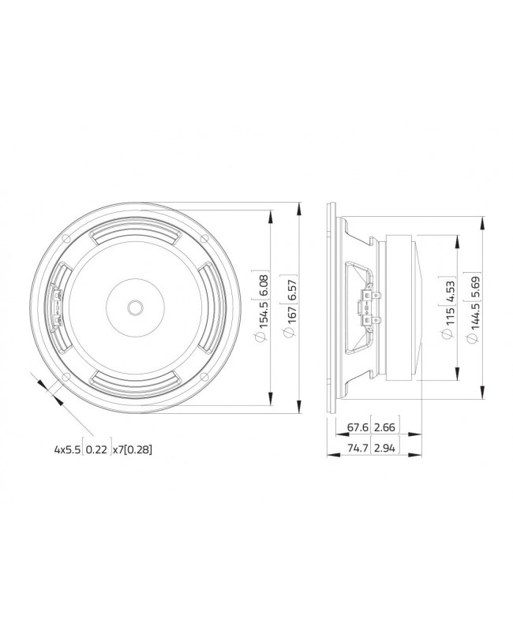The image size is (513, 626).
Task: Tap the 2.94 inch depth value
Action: (x=386, y=449)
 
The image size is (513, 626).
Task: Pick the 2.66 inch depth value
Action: (x=386, y=428)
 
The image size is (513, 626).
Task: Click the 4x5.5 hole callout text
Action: (x=68, y=449)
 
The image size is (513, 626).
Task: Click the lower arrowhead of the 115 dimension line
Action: (x=455, y=375)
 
